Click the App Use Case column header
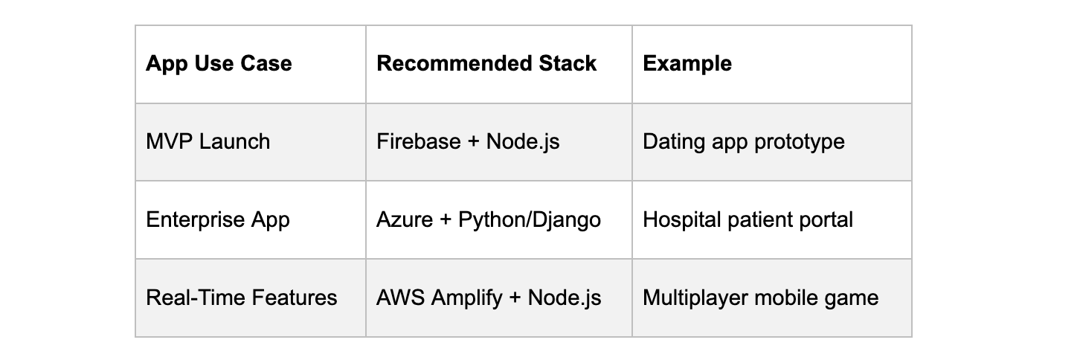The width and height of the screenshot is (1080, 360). tap(219, 64)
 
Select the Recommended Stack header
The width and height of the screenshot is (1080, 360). tap(486, 64)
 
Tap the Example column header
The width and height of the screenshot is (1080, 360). tap(687, 64)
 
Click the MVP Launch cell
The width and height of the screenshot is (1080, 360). tap(208, 141)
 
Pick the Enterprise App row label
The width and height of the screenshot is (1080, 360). tap(218, 219)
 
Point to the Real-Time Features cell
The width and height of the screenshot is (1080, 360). tap(242, 298)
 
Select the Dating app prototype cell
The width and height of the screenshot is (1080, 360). tap(744, 141)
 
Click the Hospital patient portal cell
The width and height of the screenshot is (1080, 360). tap(748, 219)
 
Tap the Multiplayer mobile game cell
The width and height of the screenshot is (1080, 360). tap(760, 298)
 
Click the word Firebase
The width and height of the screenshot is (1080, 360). tap(419, 141)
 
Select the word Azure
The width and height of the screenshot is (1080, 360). tap(405, 219)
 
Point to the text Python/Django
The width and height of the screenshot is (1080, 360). tap(530, 219)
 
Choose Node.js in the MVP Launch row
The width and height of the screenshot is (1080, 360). tap(523, 141)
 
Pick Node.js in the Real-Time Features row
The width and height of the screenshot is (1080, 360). tap(565, 298)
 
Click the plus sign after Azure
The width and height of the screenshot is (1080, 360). tap(446, 220)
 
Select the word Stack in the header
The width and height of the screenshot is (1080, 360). tap(568, 64)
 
